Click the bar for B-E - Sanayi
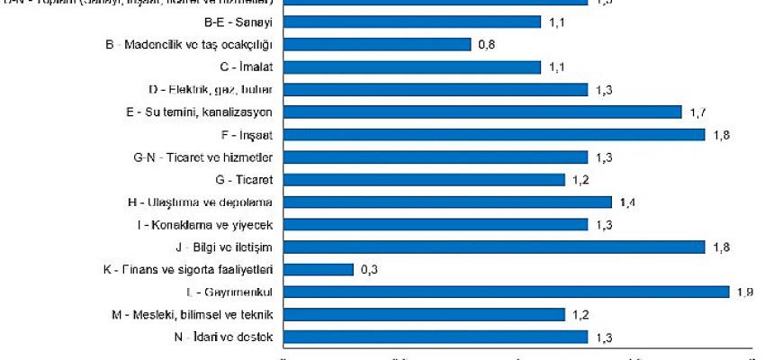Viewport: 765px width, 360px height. (412, 22)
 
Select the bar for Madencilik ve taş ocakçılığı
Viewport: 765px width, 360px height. (377, 44)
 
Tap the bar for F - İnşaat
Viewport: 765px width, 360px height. (494, 134)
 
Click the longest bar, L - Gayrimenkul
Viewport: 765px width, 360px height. (506, 292)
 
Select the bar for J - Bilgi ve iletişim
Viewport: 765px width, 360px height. (494, 247)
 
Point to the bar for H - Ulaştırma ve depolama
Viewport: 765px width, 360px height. (447, 202)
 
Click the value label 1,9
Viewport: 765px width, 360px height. (744, 292)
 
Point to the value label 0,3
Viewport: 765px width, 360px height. (370, 269)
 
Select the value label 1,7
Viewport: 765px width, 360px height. (697, 112)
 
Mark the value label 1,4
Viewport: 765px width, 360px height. (627, 202)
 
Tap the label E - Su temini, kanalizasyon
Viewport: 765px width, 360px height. (208, 112)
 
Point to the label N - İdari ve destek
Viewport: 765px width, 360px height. (229, 337)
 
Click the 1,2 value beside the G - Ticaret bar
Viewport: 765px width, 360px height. (580, 179)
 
